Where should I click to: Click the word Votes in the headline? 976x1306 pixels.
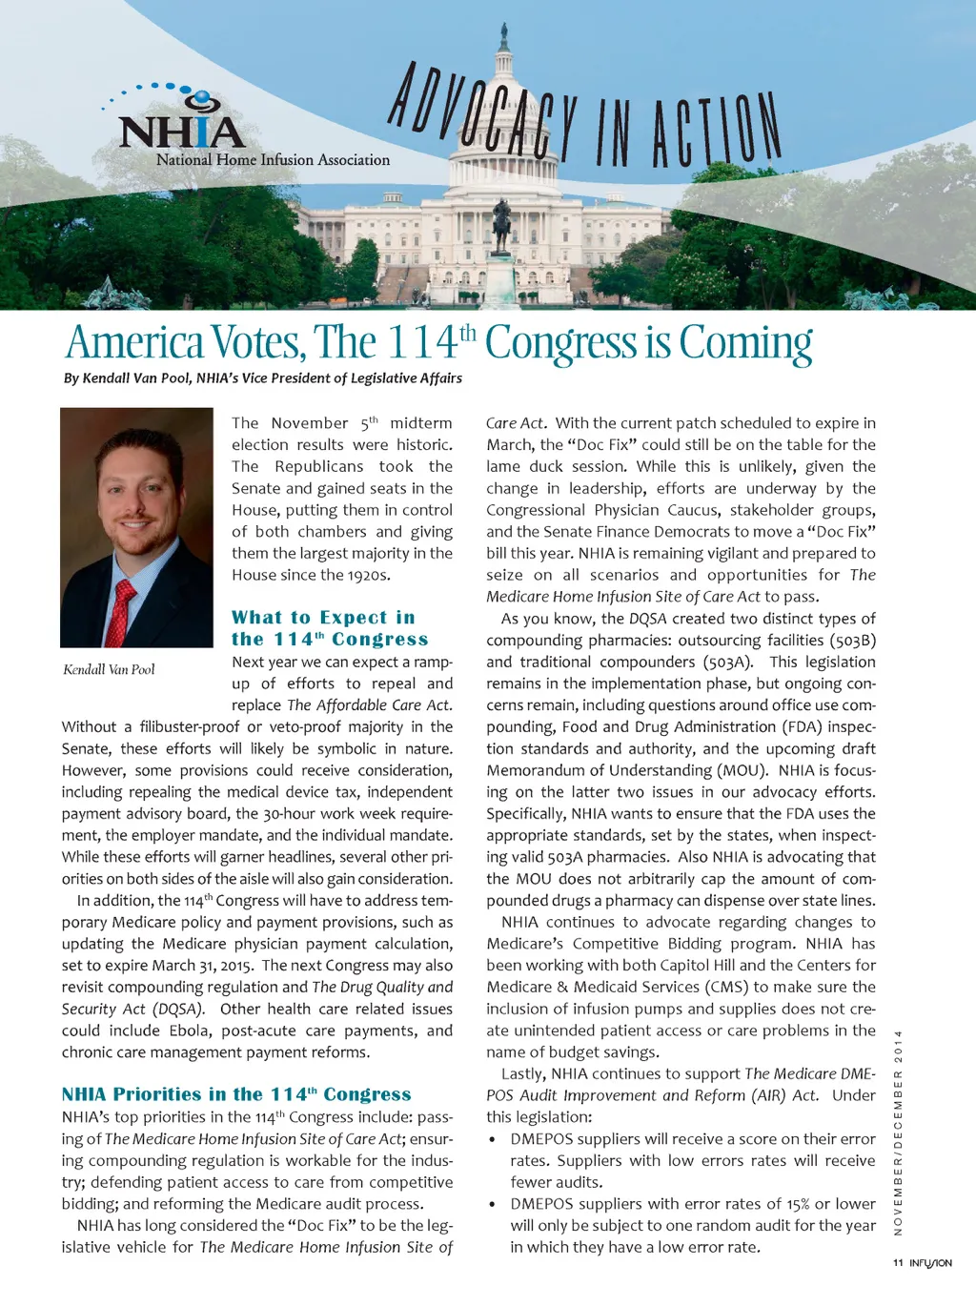click(x=257, y=343)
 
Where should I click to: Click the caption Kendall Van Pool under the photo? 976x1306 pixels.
click(x=109, y=669)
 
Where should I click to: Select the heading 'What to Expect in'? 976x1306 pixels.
click(x=323, y=618)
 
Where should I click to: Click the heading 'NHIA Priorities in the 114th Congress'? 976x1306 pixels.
click(x=236, y=1094)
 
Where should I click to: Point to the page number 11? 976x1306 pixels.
click(x=898, y=1262)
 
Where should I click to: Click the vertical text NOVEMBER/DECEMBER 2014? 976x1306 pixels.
click(x=898, y=1133)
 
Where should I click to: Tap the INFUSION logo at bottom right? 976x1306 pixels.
click(x=930, y=1262)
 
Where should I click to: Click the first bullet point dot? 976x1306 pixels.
click(x=492, y=1140)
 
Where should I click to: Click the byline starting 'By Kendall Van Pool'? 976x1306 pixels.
click(x=263, y=378)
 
